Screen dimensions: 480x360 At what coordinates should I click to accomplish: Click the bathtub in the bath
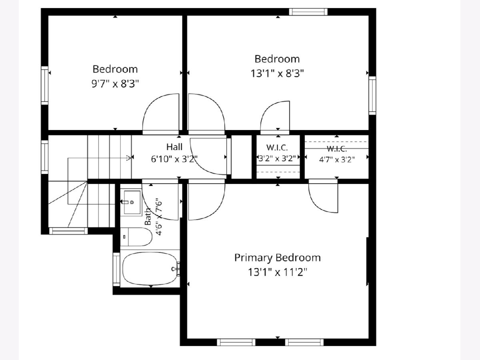click(150, 269)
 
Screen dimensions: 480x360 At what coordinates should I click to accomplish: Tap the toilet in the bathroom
click(136, 237)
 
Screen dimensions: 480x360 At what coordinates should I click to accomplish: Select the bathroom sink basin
click(132, 202)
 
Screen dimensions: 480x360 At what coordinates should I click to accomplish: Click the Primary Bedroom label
click(278, 258)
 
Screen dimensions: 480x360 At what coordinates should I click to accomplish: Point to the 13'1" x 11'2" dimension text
click(278, 272)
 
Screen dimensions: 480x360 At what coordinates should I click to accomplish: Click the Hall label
click(174, 147)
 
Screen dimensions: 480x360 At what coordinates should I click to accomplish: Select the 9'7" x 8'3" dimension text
click(115, 84)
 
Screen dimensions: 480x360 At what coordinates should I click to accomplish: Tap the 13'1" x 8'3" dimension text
click(277, 74)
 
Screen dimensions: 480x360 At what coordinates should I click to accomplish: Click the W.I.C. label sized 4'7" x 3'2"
click(336, 149)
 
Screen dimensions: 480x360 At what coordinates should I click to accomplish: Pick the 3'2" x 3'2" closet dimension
click(277, 158)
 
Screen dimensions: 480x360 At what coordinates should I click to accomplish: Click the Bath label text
click(148, 216)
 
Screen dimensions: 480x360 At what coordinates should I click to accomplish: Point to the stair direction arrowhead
click(129, 158)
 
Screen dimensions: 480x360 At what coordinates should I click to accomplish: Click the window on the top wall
click(308, 12)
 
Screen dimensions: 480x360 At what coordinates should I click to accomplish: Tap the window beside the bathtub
click(116, 269)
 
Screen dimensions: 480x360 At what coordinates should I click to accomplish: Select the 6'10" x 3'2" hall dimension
click(174, 159)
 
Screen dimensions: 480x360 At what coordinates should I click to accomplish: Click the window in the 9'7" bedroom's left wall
click(45, 86)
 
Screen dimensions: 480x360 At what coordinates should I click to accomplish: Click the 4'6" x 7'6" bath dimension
click(159, 217)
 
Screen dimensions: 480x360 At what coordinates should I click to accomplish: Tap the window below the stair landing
click(68, 231)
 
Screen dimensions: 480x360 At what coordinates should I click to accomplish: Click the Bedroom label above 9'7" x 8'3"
click(115, 69)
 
